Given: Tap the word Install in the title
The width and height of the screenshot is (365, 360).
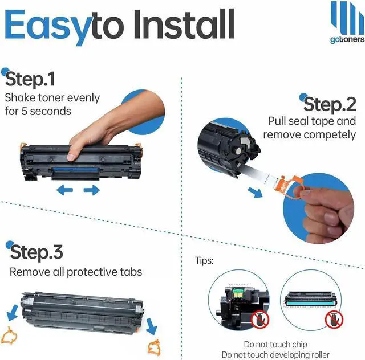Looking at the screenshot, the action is (x=184, y=24).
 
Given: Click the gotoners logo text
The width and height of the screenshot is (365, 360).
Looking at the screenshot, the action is (x=347, y=40).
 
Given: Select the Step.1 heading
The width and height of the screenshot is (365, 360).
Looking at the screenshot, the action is (x=30, y=79).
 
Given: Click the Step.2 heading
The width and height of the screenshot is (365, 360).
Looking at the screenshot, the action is (x=330, y=105).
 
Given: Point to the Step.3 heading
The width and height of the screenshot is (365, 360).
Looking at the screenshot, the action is (x=36, y=252).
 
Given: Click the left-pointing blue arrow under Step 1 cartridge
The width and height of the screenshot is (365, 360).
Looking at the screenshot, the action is (x=65, y=190).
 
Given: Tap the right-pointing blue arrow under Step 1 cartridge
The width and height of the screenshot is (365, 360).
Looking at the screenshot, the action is (x=92, y=190).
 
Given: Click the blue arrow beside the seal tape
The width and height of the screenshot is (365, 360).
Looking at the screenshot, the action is (x=255, y=193).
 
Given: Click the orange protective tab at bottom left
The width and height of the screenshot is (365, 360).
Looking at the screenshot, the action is (x=9, y=336).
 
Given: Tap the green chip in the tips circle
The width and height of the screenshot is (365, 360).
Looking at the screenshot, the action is (x=237, y=292).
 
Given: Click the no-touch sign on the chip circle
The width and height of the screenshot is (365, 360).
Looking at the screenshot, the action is (x=260, y=320).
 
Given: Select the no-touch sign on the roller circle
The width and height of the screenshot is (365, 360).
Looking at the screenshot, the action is (x=334, y=320).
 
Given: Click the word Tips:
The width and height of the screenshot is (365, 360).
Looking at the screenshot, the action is (x=204, y=261).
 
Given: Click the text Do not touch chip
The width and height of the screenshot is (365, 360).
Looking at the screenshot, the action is (x=275, y=345).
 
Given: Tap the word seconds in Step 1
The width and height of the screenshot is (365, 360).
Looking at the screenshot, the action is (x=51, y=111).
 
